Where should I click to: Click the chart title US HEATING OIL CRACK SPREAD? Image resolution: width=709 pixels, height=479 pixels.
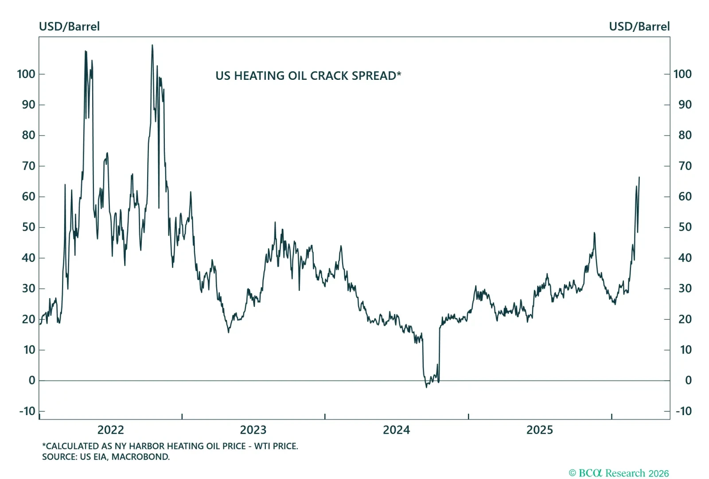coord(308,76)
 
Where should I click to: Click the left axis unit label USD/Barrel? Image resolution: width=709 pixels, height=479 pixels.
coord(69,27)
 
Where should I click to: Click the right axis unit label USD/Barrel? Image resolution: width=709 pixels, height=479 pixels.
coord(639,27)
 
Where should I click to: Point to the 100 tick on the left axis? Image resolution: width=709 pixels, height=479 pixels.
coord(26,74)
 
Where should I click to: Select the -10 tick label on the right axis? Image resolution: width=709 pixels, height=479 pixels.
coord(683,411)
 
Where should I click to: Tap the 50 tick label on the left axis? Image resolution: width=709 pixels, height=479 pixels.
coord(28,227)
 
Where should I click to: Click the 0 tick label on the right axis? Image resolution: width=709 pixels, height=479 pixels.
coord(688,380)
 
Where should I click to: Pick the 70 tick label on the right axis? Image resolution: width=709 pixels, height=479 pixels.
coord(685,166)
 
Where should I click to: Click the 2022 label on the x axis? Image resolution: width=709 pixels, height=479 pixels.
coord(110,430)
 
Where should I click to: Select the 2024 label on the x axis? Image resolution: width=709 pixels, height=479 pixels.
coord(396,430)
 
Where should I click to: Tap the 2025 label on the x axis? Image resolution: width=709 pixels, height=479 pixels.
coord(539,430)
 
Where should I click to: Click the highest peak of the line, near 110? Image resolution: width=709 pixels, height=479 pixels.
coord(152,45)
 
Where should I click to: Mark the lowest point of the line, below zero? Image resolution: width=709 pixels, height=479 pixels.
coord(426,387)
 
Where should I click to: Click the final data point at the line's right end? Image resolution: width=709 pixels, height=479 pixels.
coord(639,177)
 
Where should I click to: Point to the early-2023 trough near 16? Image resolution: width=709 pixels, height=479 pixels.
coord(229,332)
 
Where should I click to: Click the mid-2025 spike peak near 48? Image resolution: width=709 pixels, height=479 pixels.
coord(594,233)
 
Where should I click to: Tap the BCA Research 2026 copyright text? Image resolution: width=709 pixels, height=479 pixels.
coord(619,473)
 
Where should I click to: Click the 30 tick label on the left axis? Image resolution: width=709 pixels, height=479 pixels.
coord(28,288)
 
